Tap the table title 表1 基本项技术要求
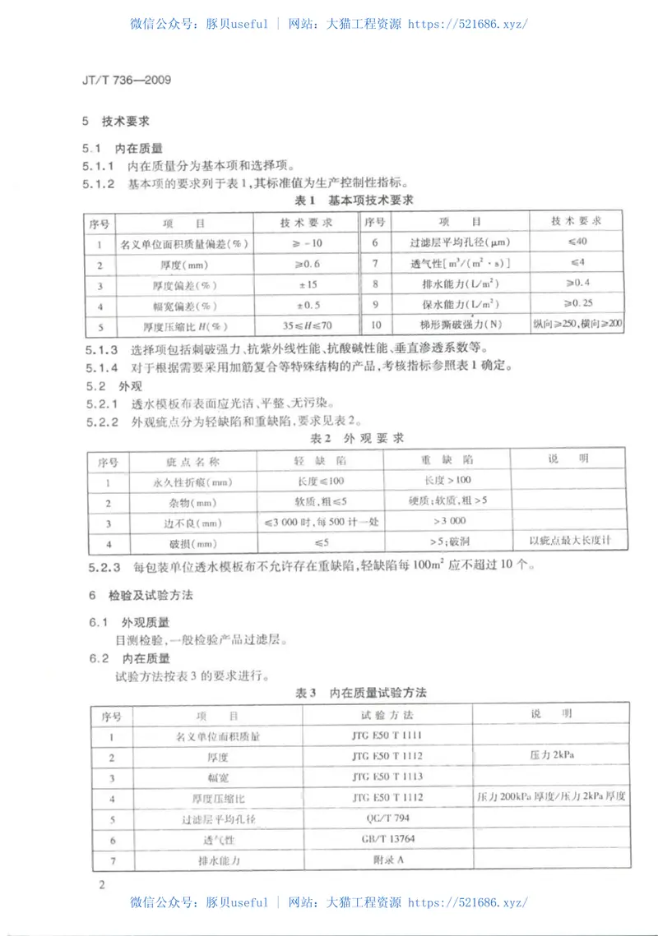coord(354,200)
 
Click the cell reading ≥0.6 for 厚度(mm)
coord(305,265)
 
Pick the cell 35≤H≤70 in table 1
coord(305,325)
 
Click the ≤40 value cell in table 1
coord(577,242)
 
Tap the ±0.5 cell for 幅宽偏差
coord(305,306)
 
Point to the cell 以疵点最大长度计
coord(570,541)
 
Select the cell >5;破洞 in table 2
coord(447,542)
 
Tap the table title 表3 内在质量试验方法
coord(362,694)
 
